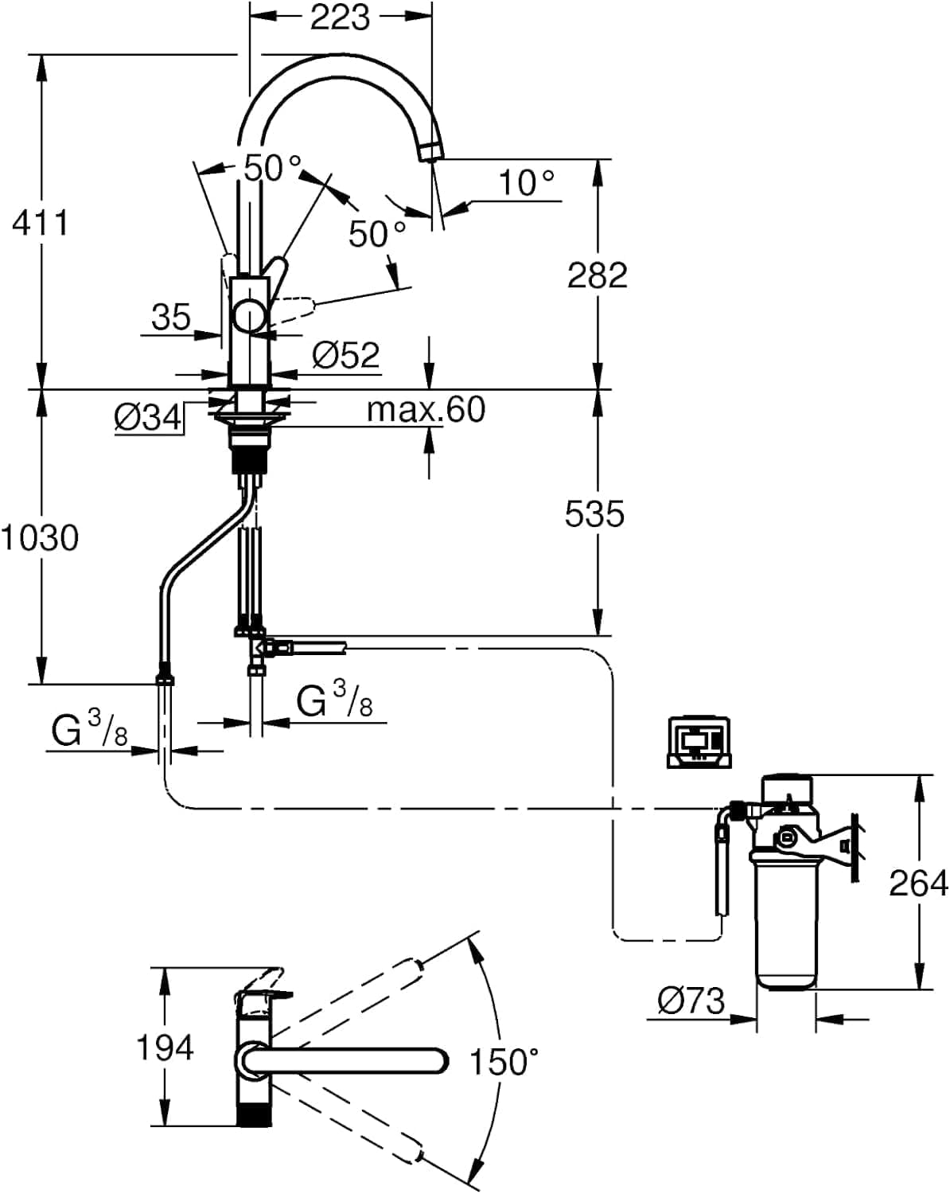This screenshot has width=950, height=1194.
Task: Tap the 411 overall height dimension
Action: pos(40,223)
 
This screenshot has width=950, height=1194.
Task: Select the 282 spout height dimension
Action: pos(598,275)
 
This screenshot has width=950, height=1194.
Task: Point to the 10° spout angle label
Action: pos(526,182)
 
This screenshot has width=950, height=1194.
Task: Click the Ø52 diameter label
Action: pos(345,354)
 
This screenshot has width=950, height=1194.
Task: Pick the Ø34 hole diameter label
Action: pos(148,416)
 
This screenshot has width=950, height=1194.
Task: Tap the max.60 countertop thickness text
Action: pos(426,409)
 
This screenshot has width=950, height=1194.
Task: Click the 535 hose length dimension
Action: pos(594,513)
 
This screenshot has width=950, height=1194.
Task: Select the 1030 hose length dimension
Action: pos(40,538)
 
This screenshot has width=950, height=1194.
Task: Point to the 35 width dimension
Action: pos(171,317)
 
